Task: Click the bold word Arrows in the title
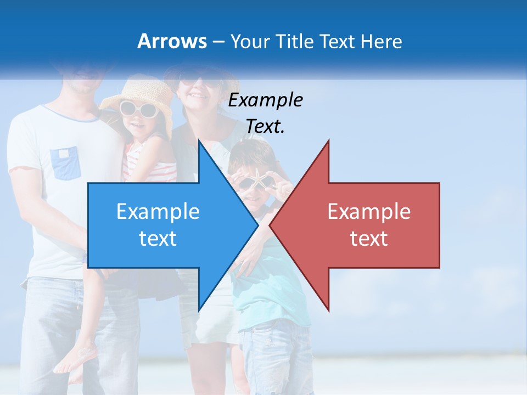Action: click(x=172, y=41)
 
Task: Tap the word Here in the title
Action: click(x=380, y=41)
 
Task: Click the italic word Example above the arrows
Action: click(x=265, y=100)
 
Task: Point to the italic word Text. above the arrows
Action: click(x=265, y=126)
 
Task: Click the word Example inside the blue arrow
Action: click(x=158, y=212)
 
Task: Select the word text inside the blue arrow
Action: click(x=158, y=239)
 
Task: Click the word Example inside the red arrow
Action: click(x=369, y=212)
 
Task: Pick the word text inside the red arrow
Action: click(x=369, y=239)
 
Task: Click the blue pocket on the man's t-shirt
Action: click(x=66, y=163)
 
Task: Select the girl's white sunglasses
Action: click(x=138, y=109)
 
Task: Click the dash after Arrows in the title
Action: click(x=217, y=42)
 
